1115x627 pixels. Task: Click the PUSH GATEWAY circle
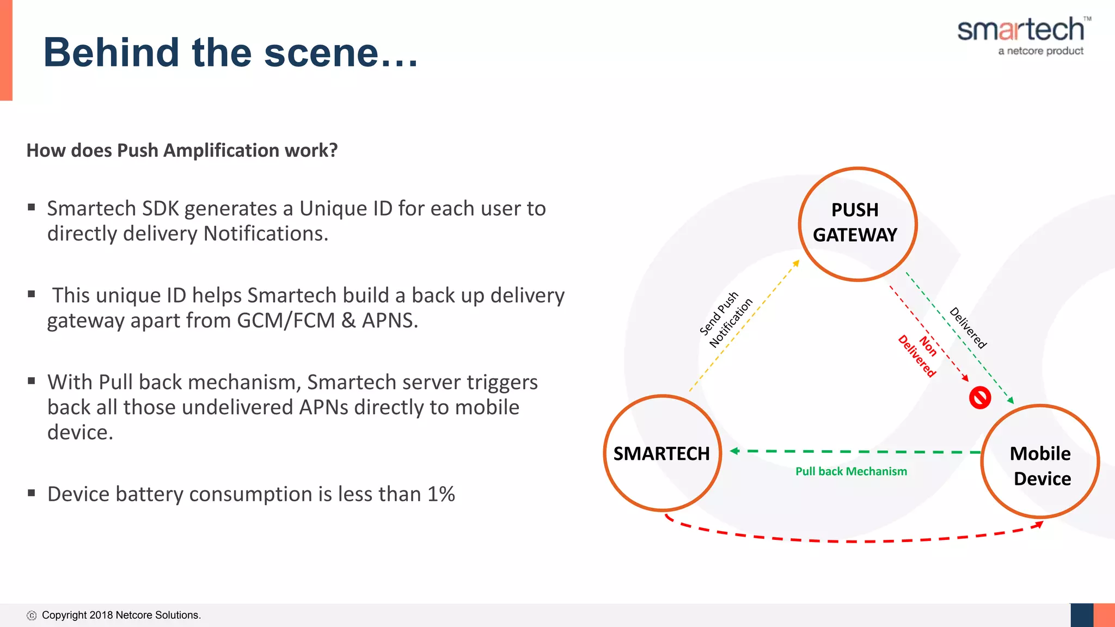857,224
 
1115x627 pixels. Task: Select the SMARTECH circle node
662,453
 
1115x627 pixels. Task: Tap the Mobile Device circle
1040,462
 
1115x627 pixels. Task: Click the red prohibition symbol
980,398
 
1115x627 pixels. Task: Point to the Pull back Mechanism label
851,471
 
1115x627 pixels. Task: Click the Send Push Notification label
726,319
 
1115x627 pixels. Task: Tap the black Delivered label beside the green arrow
968,328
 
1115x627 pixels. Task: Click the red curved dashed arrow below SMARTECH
849,541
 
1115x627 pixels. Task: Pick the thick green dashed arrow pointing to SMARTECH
855,452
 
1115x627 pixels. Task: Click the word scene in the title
321,53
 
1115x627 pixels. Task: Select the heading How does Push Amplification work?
182,150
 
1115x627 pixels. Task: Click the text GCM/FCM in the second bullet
286,321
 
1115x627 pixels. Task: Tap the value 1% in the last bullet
441,494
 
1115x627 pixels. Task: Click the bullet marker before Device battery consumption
32,493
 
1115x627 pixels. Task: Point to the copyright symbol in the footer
32,616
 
